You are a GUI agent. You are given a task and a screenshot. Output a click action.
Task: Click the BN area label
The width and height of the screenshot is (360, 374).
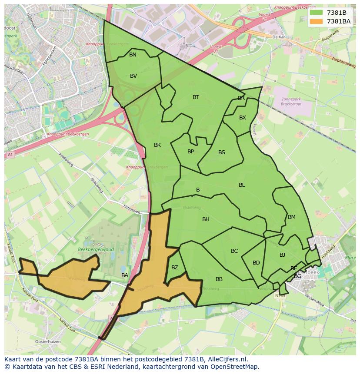pos(133,55)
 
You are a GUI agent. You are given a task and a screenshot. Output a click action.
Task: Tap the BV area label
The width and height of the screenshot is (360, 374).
pos(133,76)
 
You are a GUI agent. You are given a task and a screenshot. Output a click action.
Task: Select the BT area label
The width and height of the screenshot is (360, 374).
pos(196,97)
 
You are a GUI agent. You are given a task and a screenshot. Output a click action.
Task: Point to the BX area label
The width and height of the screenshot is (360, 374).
pos(243,118)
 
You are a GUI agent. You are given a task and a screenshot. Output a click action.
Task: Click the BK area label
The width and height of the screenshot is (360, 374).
pos(157,145)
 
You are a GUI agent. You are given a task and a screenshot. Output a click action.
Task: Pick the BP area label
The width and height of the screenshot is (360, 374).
pos(190,152)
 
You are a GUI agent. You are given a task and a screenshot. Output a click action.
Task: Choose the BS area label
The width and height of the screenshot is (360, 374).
pos(222,152)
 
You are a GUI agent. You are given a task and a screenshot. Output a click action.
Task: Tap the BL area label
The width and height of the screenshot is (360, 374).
pos(242,185)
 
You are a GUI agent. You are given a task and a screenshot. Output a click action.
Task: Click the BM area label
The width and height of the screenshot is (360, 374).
pos(291,217)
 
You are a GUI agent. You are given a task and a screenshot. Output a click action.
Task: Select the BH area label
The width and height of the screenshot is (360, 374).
pos(206,219)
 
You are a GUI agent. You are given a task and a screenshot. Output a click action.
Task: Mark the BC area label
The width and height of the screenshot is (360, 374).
pos(234,251)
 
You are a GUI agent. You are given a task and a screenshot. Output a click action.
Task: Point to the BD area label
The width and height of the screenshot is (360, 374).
pos(256,263)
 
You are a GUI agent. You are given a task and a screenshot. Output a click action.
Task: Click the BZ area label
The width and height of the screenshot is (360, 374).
pos(174,268)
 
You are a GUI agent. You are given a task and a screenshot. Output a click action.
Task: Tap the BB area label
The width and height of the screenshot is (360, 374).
pos(219,279)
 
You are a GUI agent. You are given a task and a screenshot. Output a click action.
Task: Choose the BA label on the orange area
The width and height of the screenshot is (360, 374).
pos(125,275)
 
